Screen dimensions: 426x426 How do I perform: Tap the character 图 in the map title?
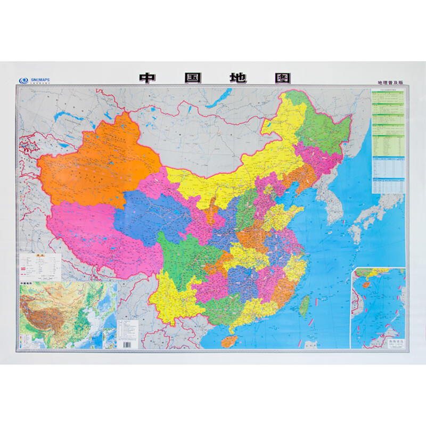pyautogui.click(x=282, y=78)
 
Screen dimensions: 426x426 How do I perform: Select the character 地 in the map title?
pyautogui.click(x=237, y=78)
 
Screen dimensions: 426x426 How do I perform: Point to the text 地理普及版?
pyautogui.click(x=390, y=83)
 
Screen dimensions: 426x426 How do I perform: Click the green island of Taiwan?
pyautogui.click(x=305, y=304)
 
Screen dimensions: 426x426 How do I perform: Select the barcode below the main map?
pyautogui.click(x=127, y=343)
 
